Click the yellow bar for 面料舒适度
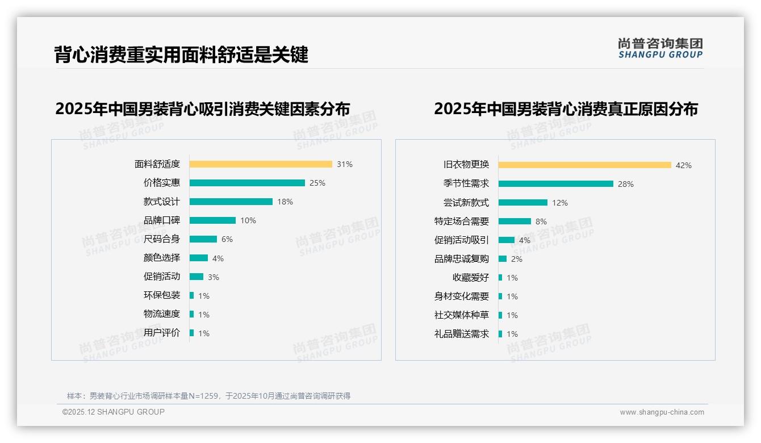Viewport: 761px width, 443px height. click(x=261, y=164)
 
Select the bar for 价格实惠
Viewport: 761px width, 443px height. click(x=247, y=183)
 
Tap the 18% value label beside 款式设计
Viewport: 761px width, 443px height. click(x=285, y=202)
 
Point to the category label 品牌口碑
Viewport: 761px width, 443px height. click(x=161, y=220)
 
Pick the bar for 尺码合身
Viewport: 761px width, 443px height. click(x=203, y=239)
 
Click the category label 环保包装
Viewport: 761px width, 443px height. click(x=161, y=295)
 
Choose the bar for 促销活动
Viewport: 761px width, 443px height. click(x=196, y=277)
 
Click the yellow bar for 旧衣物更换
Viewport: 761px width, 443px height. click(x=585, y=165)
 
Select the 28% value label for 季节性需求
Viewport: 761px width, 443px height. click(x=626, y=184)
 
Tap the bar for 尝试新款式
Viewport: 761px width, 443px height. click(x=523, y=203)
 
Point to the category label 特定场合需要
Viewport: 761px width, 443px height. click(x=461, y=221)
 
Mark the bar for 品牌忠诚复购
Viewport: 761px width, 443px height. click(x=503, y=259)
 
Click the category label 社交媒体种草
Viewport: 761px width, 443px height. click(x=461, y=315)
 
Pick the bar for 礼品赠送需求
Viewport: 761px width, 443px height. click(x=500, y=334)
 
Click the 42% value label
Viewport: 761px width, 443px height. click(x=684, y=165)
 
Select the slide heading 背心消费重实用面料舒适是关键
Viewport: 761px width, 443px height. click(x=181, y=55)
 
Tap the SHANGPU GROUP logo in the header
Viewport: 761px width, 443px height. click(x=660, y=48)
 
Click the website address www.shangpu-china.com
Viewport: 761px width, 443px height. click(x=662, y=412)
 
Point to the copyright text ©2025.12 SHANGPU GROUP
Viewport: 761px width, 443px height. click(x=114, y=412)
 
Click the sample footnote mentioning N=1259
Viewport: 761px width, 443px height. click(x=208, y=396)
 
